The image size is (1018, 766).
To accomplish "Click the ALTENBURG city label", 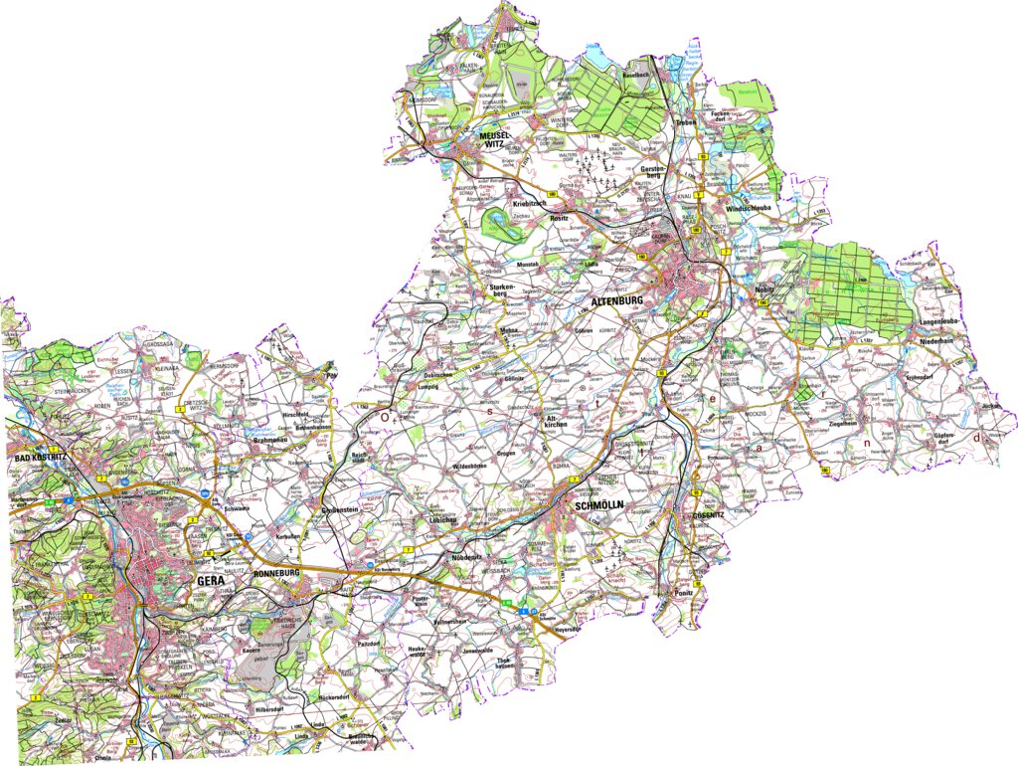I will coord(618,299).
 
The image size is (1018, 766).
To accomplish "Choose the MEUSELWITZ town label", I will coord(494,139).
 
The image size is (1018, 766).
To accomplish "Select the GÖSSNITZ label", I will coord(710,515).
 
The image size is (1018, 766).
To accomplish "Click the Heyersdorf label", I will coord(562,629).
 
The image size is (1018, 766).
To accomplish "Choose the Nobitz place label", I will coord(765,288).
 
